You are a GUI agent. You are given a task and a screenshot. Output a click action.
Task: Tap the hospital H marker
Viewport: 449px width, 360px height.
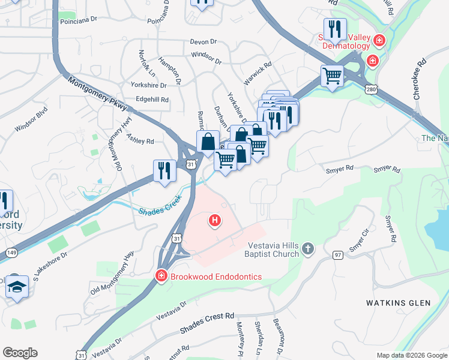click(x=215, y=221)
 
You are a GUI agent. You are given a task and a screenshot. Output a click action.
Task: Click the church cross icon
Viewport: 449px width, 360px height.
click(x=307, y=248)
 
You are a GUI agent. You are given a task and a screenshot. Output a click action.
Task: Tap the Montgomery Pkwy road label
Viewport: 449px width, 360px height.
click(x=96, y=93)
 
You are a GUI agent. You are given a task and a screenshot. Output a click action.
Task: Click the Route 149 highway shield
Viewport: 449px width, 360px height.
click(x=11, y=253)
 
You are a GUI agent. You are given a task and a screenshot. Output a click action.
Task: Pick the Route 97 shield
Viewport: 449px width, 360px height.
click(x=338, y=255)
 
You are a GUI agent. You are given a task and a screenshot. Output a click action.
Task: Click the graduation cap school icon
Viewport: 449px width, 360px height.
click(x=17, y=287)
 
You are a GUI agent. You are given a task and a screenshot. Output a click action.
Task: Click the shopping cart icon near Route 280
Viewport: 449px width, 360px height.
click(x=332, y=76)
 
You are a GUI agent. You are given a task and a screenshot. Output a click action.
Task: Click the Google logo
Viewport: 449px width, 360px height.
click(x=20, y=353)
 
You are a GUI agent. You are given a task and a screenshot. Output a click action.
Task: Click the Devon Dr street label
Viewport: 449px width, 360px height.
click(x=203, y=41)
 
